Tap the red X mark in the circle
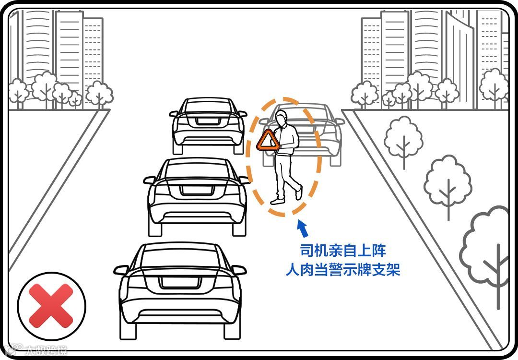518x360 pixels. click(51, 306)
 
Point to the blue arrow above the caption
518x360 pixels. click(303, 229)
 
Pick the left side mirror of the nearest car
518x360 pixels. click(121, 270)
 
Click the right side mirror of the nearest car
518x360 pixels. click(238, 270)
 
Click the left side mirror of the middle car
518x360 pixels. click(150, 180)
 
